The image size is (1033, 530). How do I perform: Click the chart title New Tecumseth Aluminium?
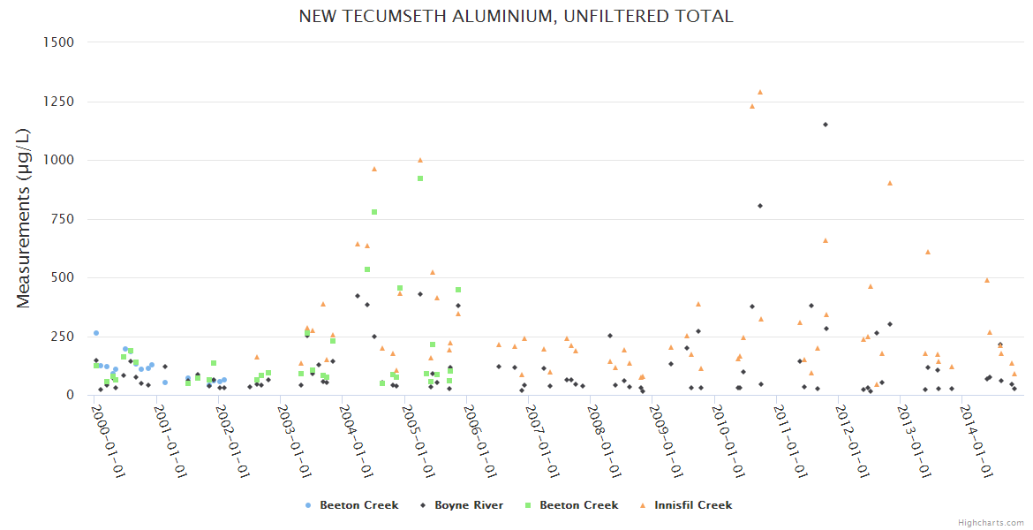pos(516,17)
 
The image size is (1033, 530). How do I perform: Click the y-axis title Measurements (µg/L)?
pos(24,218)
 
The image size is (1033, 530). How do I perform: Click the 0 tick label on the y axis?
pos(68,395)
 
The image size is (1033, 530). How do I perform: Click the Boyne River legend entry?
pos(468,505)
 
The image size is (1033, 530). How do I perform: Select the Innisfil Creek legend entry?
pos(693,505)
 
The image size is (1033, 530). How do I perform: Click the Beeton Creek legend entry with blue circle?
pos(358,505)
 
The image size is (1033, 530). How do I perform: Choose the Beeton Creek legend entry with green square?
pos(578,505)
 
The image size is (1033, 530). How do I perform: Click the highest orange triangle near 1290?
pos(759,92)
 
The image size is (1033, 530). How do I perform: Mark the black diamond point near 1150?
pos(826,125)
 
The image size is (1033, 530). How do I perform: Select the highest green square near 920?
pos(420,178)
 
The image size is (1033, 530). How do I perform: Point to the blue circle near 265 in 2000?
pos(96,333)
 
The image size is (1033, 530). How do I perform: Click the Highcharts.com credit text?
pos(991,522)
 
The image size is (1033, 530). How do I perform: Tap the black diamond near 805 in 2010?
pos(760,206)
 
